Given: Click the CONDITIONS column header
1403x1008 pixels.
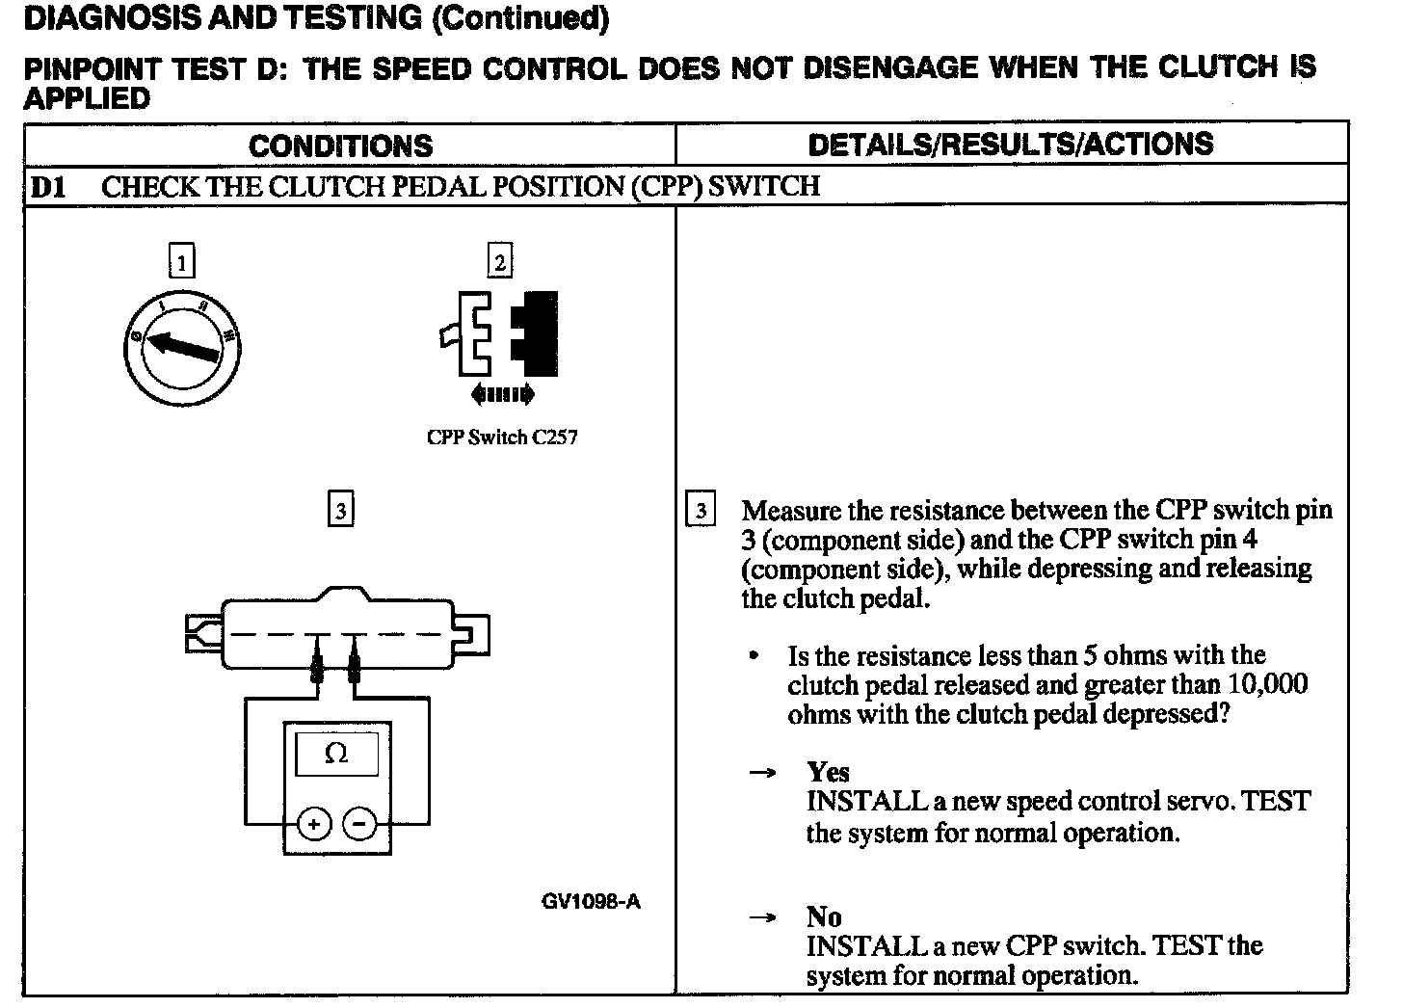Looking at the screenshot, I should [x=340, y=146].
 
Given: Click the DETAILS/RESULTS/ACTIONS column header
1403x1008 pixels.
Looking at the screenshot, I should [x=1010, y=145].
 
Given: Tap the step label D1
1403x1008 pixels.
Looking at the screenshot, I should [x=47, y=186].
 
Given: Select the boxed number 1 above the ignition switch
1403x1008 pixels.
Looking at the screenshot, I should [x=181, y=261].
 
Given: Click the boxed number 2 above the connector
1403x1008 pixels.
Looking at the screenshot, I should [x=499, y=261].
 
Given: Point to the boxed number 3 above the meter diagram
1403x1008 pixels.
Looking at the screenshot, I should [x=340, y=509].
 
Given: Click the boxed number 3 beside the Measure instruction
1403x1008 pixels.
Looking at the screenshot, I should [x=701, y=509].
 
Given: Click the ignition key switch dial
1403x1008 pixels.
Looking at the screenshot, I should [x=182, y=346].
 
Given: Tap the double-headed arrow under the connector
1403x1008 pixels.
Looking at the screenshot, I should [x=502, y=393].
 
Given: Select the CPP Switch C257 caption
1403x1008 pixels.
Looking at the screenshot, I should [x=502, y=438].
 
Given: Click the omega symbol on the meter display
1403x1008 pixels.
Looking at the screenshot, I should [x=336, y=753].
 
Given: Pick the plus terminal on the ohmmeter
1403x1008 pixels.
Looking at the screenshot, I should [x=313, y=824].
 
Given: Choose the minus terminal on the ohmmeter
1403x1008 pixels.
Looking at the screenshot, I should [x=360, y=824].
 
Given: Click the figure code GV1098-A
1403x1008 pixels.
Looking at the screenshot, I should [x=591, y=902].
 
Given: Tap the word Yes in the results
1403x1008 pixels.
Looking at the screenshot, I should [x=829, y=772].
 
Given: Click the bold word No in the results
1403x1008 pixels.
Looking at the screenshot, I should [x=824, y=916].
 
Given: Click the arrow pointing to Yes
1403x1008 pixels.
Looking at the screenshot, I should [x=763, y=773].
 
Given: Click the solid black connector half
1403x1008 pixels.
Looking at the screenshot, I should [x=536, y=332].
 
